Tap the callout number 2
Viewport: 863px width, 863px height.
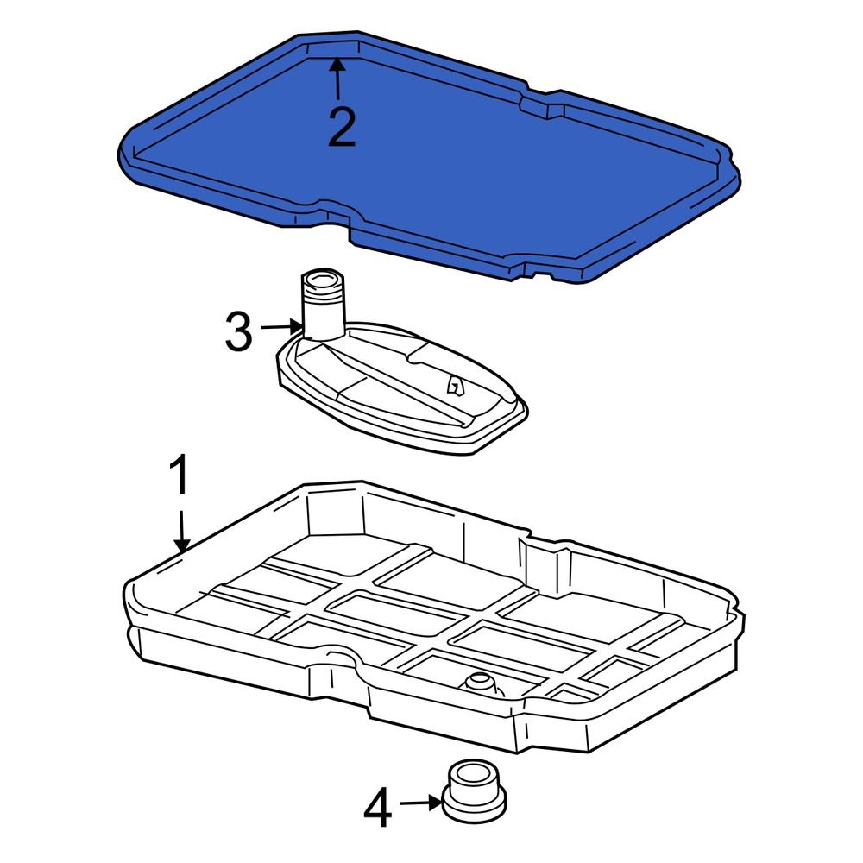(x=341, y=128)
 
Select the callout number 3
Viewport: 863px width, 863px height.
(x=239, y=332)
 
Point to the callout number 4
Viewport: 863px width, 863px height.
(x=377, y=809)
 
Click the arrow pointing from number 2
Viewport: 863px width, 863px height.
(x=337, y=78)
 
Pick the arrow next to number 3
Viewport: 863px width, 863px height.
(x=281, y=327)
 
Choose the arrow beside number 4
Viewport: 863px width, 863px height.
(x=423, y=803)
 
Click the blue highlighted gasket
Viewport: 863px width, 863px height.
(x=431, y=164)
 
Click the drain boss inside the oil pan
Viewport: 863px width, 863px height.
(x=479, y=686)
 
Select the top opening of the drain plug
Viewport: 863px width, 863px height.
(x=474, y=770)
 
